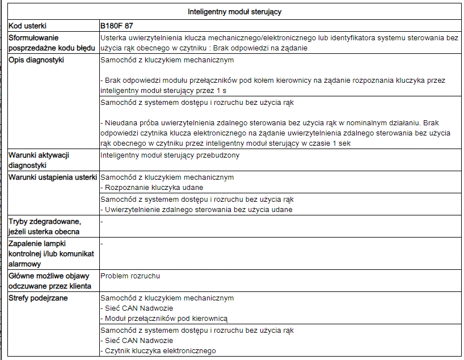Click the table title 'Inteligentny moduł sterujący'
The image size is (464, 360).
(x=235, y=12)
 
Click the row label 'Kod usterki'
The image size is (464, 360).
(x=28, y=26)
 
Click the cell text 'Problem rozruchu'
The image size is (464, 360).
(x=130, y=276)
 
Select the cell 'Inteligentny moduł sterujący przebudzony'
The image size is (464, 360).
(x=170, y=155)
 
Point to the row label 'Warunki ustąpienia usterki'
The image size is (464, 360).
(x=53, y=177)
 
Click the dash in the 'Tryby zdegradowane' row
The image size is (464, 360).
(x=102, y=220)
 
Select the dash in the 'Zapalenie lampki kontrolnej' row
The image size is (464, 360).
(x=102, y=243)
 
